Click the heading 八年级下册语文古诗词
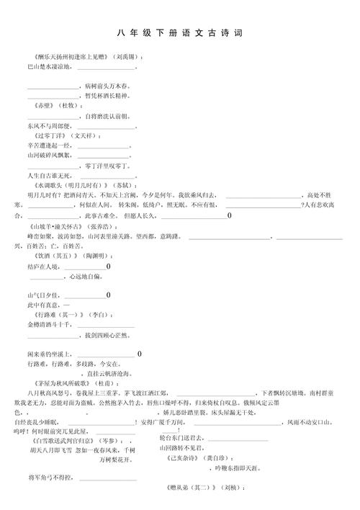tap(179, 33)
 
